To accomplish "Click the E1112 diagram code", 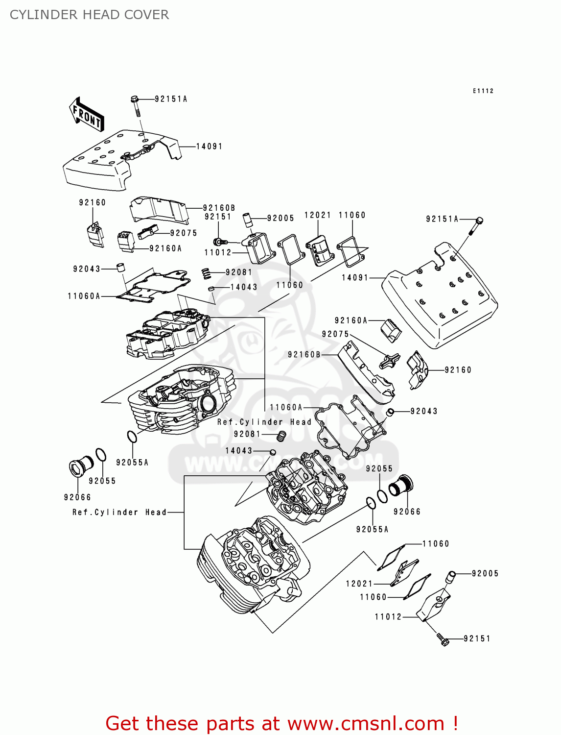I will tap(483, 91).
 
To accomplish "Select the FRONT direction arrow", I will tap(87, 114).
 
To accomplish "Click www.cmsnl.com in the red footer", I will tap(365, 723).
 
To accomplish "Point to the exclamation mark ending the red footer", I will tap(455, 723).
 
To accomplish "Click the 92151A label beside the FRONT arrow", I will tap(171, 99).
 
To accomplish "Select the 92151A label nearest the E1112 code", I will tap(442, 219).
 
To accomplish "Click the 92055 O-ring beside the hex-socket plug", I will tap(100, 455).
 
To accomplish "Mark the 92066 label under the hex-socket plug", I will tap(77, 497).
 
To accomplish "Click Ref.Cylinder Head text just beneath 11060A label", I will tap(264, 422).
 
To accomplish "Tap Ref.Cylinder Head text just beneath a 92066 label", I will tap(119, 512).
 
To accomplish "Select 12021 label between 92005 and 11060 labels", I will tap(318, 215).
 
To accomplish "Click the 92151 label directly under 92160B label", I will tap(218, 217).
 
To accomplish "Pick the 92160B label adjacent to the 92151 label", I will tap(219, 208).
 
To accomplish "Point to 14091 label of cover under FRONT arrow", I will tap(209, 147).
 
